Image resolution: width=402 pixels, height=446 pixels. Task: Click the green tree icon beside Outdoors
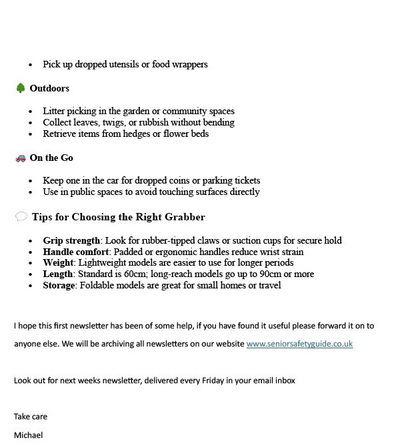[20, 88]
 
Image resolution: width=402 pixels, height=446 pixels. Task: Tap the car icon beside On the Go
[20, 158]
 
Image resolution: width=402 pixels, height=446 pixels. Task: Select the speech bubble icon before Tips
[21, 217]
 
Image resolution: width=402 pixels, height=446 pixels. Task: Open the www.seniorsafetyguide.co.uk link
[299, 344]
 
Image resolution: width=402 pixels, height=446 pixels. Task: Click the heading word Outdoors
[49, 88]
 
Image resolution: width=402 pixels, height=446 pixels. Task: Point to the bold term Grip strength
[71, 240]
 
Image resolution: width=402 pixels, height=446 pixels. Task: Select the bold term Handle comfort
[75, 252]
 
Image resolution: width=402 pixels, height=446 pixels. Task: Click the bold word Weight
[58, 263]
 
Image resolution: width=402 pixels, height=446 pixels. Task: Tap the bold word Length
[57, 274]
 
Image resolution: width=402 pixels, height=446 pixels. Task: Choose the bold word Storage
[59, 285]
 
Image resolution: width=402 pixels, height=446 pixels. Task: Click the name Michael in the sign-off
[28, 435]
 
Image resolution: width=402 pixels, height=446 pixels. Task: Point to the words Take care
[31, 416]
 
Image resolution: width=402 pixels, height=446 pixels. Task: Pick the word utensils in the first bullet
[117, 64]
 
